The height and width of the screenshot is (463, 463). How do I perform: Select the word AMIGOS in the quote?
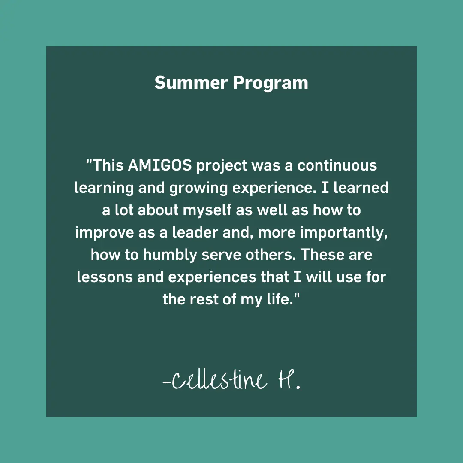160,165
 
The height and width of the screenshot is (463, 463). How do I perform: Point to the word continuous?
337,165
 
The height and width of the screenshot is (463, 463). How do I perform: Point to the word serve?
221,255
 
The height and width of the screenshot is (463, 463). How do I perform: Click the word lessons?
105,277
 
